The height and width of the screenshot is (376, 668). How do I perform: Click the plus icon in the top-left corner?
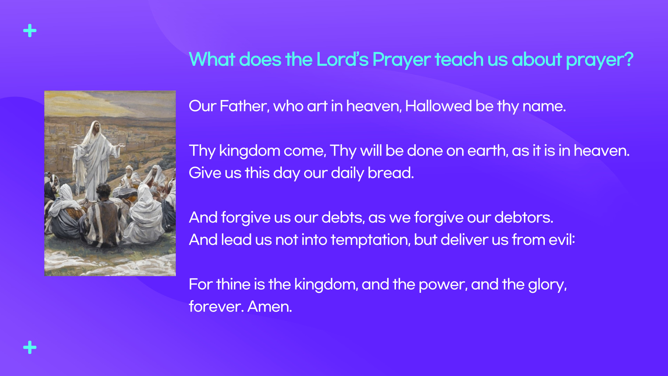click(x=30, y=31)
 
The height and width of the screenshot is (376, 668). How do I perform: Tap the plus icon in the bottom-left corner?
click(x=30, y=347)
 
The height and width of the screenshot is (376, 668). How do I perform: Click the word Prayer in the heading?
click(x=401, y=60)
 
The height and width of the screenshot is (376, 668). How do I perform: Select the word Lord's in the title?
click(x=342, y=59)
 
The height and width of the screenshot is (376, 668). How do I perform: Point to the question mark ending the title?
click(x=629, y=59)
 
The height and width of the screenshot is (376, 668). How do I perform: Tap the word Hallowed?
click(x=438, y=106)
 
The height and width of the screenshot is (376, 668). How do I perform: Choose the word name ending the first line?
click(x=544, y=107)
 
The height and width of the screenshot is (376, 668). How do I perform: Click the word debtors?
click(x=524, y=218)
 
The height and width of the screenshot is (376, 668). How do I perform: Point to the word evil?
click(x=562, y=240)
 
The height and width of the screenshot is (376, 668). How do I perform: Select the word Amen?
click(x=270, y=307)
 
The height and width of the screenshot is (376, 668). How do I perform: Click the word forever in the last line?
click(x=216, y=307)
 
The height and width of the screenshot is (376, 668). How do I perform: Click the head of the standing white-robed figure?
click(x=95, y=127)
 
